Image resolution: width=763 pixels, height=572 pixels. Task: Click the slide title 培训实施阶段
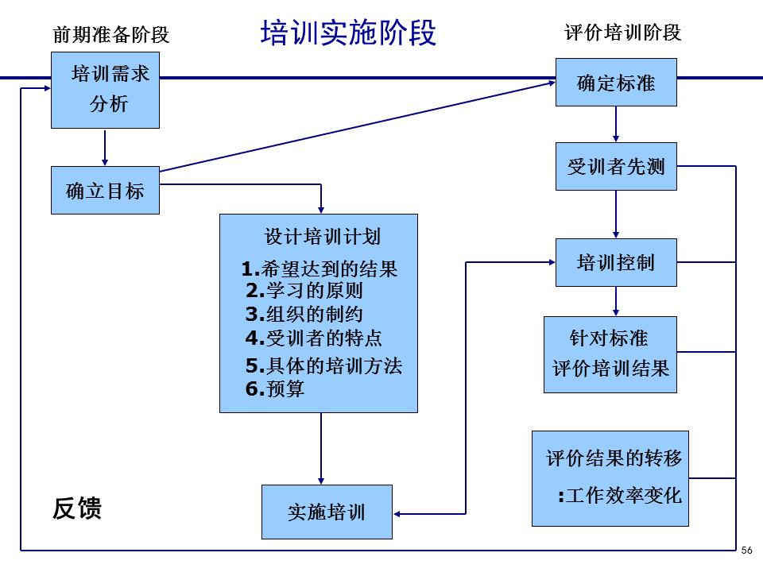click(x=348, y=33)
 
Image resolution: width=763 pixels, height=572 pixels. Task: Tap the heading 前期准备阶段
click(x=111, y=35)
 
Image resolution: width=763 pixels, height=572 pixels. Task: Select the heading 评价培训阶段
click(x=623, y=33)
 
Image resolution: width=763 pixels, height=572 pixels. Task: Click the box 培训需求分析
click(x=105, y=90)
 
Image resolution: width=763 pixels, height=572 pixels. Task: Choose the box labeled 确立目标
click(x=105, y=191)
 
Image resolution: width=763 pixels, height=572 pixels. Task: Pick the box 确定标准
click(x=616, y=82)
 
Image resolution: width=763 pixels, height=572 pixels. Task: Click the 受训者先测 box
click(x=616, y=167)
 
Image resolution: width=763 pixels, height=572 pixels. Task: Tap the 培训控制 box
click(x=616, y=262)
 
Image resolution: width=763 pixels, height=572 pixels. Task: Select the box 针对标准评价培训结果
click(x=610, y=354)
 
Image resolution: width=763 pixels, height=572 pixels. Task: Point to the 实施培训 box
click(x=327, y=512)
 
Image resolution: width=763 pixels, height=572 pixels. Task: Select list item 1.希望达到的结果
click(x=320, y=269)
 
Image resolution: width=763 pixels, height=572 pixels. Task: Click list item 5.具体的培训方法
click(x=323, y=365)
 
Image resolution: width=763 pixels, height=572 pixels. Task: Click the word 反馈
click(x=78, y=508)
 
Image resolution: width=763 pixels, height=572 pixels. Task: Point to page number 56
click(x=746, y=551)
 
